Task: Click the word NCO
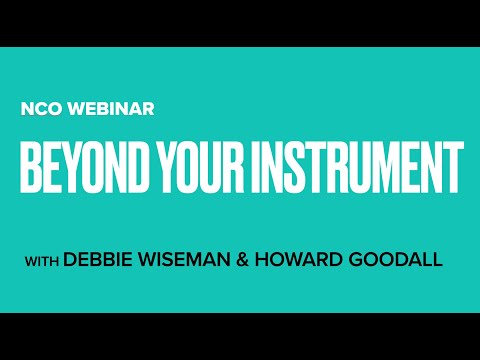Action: (x=39, y=109)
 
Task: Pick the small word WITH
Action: (x=42, y=261)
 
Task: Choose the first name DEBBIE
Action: (x=97, y=260)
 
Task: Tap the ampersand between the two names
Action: (x=242, y=260)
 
